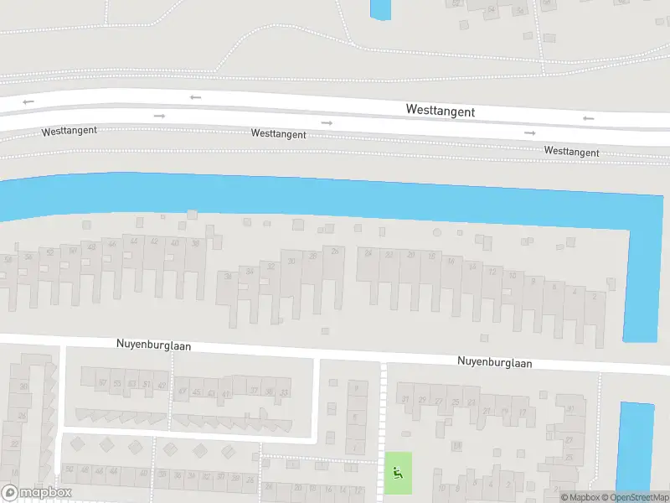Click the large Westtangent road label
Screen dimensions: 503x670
click(440, 111)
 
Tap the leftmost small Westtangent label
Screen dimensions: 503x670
click(70, 131)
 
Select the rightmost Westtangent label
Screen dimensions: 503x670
click(571, 152)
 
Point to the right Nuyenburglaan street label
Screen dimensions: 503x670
click(494, 362)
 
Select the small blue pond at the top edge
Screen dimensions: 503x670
click(380, 8)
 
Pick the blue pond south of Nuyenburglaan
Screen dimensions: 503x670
click(635, 444)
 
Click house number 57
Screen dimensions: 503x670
click(103, 383)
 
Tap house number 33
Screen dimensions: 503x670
click(285, 392)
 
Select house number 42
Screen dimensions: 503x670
click(153, 241)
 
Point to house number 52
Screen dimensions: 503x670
click(51, 251)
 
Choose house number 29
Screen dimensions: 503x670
click(423, 401)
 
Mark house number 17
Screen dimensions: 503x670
click(523, 412)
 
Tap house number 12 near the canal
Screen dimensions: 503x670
click(492, 272)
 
